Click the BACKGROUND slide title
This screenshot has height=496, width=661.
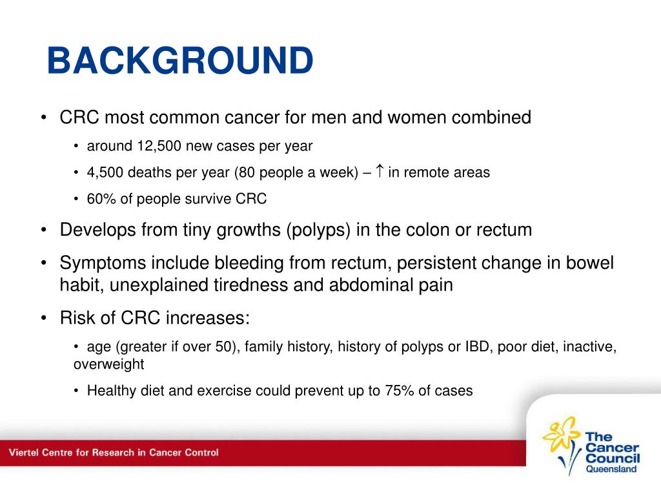pyautogui.click(x=180, y=60)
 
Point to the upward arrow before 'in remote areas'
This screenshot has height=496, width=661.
pyautogui.click(x=380, y=170)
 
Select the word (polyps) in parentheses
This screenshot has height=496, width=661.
pyautogui.click(x=318, y=231)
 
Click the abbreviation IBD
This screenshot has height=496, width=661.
pyautogui.click(x=477, y=346)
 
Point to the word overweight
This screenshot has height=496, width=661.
pyautogui.click(x=108, y=364)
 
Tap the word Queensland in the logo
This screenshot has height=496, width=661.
pyautogui.click(x=611, y=469)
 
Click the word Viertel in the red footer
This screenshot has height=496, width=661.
pyautogui.click(x=24, y=453)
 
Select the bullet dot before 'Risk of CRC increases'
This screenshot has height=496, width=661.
pyautogui.click(x=44, y=318)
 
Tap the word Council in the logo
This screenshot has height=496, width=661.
pyautogui.click(x=613, y=458)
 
